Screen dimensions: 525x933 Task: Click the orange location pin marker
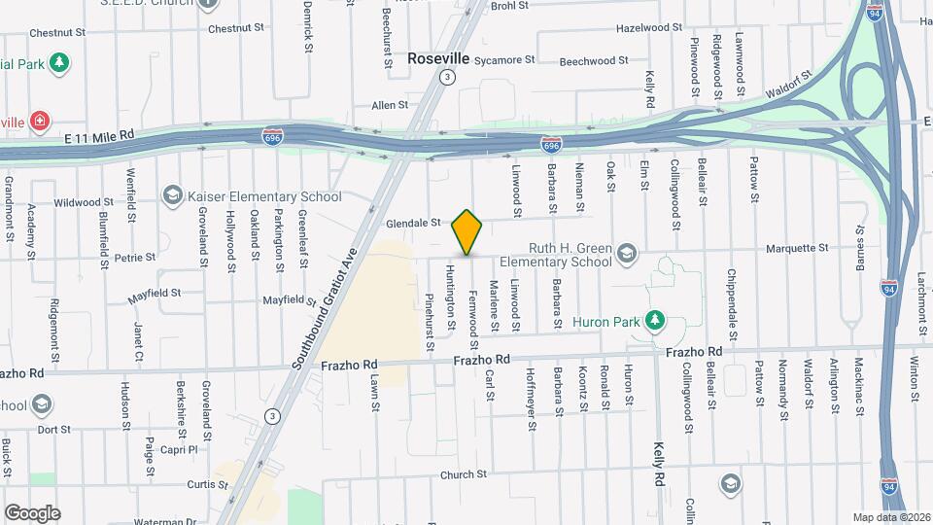[467, 232]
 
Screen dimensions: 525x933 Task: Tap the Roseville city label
[438, 58]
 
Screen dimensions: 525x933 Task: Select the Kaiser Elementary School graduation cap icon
[173, 195]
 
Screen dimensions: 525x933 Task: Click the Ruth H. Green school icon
[626, 255]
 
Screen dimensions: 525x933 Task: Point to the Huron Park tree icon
[655, 319]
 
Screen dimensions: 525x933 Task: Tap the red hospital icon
[39, 122]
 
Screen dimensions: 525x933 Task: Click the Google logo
[31, 513]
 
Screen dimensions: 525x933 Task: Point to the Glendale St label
[414, 223]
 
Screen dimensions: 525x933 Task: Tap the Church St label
[463, 474]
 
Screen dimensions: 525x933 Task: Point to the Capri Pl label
[180, 450]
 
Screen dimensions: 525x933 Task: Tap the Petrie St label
[135, 258]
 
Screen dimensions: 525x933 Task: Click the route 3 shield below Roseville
[446, 77]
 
